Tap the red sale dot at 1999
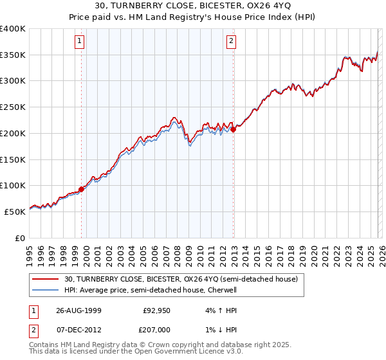pyautogui.click(x=82, y=189)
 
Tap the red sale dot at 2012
pyautogui.click(x=233, y=129)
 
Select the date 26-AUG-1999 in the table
pyautogui.click(x=79, y=310)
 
